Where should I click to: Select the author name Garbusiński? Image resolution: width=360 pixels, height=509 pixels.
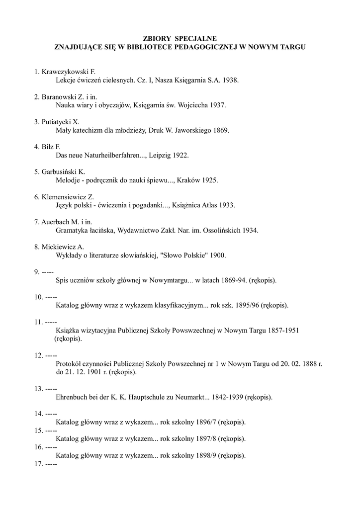tap(60, 172)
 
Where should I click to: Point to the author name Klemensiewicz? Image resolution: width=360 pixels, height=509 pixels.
tap(64, 197)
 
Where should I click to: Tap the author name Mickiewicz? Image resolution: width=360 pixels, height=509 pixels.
tap(60, 247)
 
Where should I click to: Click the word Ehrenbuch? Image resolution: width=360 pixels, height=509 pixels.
tap(73, 397)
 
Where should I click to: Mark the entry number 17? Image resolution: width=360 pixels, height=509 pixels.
tap(38, 464)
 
